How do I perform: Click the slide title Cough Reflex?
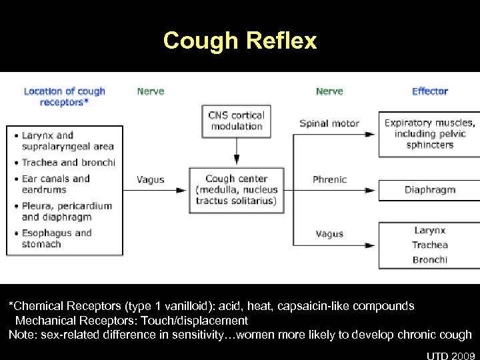pos(240,41)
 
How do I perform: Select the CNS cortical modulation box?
pos(236,121)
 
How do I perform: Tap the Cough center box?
pos(236,190)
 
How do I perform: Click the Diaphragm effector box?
pos(429,190)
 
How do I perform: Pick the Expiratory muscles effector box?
pos(429,133)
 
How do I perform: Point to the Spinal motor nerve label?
pos(329,123)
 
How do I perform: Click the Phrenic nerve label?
pos(329,179)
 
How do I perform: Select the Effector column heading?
pos(430,91)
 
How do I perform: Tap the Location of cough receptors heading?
pos(64,97)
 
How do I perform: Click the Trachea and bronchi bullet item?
pos(68,163)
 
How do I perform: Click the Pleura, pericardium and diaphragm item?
pos(67,211)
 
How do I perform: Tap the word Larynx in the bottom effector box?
pos(429,231)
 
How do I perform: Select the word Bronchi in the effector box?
pos(429,260)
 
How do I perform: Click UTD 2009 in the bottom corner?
pos(452,353)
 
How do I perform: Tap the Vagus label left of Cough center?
pos(151,179)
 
